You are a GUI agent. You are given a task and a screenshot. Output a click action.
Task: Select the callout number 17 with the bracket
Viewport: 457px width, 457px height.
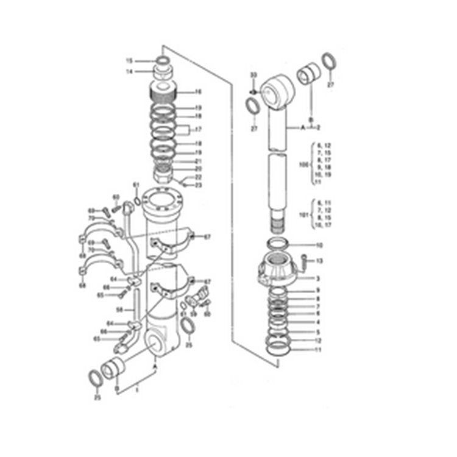pos(197,129)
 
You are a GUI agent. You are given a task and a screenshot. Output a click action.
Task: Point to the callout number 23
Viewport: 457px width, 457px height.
pos(199,184)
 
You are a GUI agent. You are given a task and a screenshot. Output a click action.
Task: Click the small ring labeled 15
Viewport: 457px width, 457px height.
pos(163,61)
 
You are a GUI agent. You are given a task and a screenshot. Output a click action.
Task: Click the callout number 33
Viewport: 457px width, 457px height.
pos(253,74)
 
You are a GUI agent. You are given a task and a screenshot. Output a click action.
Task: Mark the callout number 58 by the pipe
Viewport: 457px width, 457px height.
pos(120,310)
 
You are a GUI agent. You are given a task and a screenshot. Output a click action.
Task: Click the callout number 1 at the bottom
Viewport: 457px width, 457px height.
pos(137,388)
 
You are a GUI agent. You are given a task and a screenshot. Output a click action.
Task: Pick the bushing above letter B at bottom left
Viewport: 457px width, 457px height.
pos(115,369)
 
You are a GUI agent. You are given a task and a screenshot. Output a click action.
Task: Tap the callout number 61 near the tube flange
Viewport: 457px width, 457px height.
pos(136,185)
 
